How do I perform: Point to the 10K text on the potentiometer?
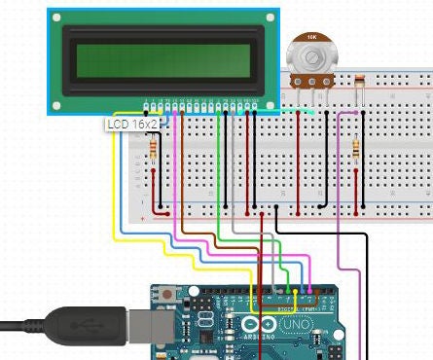[x=311, y=36]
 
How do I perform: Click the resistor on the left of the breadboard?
[x=154, y=149]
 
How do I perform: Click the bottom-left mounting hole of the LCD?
[x=56, y=104]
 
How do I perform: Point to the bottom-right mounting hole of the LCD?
[x=268, y=104]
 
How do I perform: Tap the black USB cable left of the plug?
[x=19, y=325]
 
